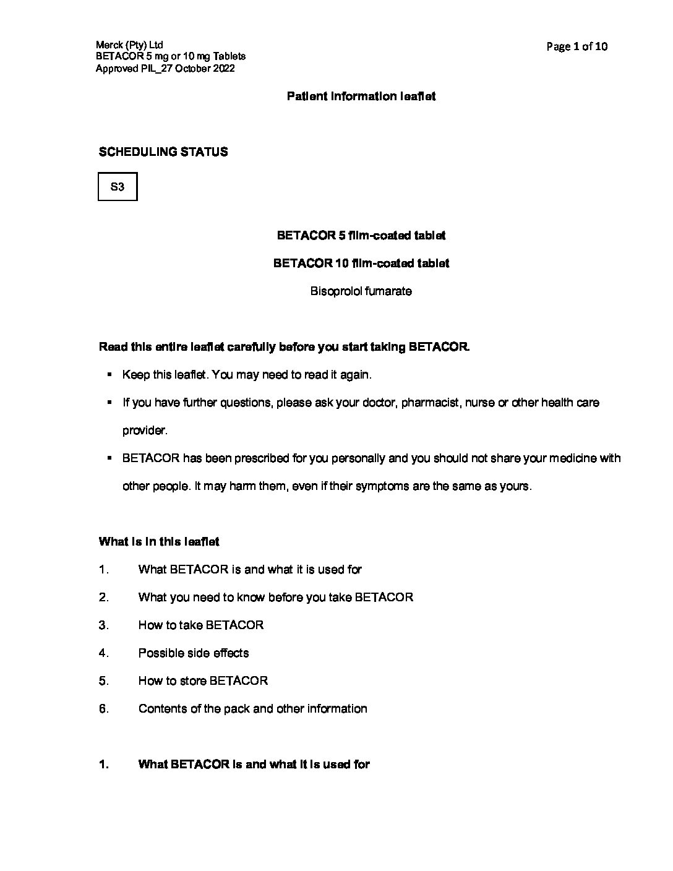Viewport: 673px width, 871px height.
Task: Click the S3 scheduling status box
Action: tap(118, 187)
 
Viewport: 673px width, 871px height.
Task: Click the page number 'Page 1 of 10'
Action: tap(577, 46)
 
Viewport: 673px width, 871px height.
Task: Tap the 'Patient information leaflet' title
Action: tap(361, 97)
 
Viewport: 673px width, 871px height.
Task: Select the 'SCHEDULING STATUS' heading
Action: tap(163, 152)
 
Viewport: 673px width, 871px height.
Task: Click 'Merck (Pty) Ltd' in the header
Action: tap(129, 45)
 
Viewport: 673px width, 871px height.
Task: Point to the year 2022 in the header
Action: tap(223, 69)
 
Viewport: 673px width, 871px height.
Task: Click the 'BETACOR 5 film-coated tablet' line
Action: tap(361, 236)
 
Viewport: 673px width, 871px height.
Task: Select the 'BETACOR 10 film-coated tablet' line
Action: tap(361, 264)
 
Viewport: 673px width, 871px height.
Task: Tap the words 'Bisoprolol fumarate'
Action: tap(361, 291)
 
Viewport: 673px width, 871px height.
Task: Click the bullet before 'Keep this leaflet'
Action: tap(109, 374)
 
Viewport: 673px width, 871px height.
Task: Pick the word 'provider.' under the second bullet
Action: tap(145, 431)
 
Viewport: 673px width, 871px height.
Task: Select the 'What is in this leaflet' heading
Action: tap(159, 542)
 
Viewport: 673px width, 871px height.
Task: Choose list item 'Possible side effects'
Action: tap(194, 653)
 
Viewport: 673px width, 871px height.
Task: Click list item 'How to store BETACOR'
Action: tap(203, 681)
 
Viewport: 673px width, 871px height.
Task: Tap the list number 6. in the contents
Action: tap(104, 709)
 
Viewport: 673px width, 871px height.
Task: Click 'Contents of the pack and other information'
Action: tap(252, 709)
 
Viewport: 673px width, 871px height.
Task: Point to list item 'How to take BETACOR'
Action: tap(201, 625)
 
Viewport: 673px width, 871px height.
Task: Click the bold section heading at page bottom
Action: tap(254, 765)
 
